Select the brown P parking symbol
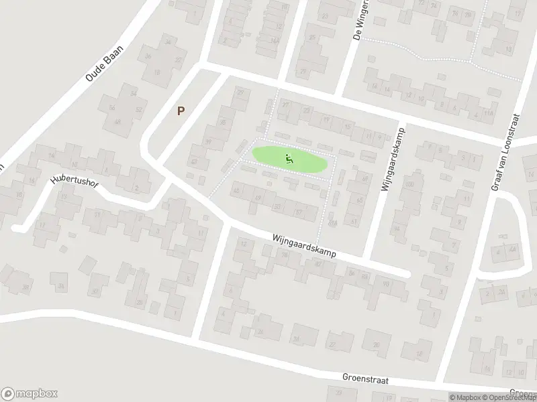180,111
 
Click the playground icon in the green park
289,159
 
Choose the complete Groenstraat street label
365,379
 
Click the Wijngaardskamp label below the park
303,247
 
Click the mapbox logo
30,394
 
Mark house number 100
409,185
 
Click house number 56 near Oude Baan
113,108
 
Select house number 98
385,284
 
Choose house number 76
455,13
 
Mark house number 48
118,122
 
